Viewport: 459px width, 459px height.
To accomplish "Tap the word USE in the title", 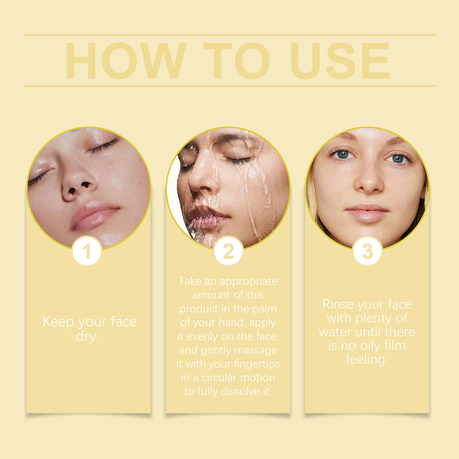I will [340, 61].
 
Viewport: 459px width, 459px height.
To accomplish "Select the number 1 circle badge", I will [87, 251].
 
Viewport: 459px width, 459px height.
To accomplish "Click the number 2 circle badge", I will [228, 251].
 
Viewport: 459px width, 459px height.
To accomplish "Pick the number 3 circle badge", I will [367, 251].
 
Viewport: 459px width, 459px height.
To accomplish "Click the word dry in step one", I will [87, 336].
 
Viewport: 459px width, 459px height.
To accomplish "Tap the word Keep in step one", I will [59, 322].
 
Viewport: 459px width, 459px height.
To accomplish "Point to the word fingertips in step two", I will [257, 364].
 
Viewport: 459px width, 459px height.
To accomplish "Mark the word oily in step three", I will [370, 346].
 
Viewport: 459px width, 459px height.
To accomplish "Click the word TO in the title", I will [237, 61].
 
